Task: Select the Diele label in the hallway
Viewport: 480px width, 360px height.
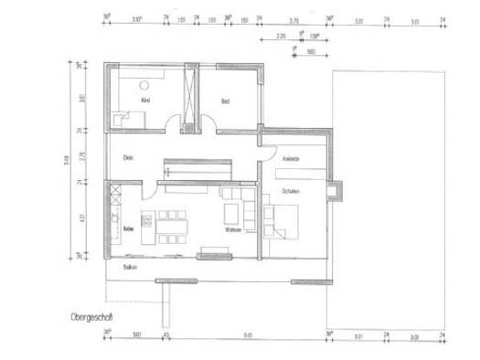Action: pyautogui.click(x=129, y=158)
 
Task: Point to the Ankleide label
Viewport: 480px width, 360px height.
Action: pyautogui.click(x=291, y=159)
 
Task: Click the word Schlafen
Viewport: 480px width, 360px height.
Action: pyautogui.click(x=292, y=191)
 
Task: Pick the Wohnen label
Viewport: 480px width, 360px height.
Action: pyautogui.click(x=233, y=230)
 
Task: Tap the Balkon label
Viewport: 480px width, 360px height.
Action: pyautogui.click(x=130, y=267)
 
